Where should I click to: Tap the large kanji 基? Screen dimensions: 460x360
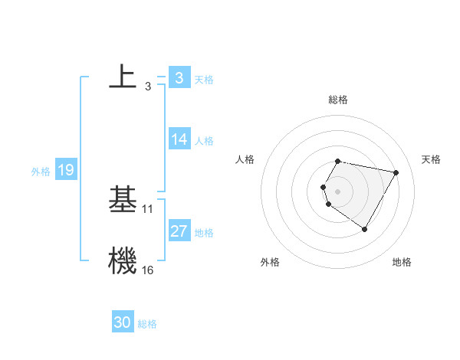pos(123,199)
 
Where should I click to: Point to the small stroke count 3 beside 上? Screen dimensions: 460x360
pos(147,87)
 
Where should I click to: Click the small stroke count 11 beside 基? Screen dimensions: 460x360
pos(148,208)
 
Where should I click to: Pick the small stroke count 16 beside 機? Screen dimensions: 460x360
pos(148,270)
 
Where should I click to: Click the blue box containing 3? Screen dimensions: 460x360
pos(179,77)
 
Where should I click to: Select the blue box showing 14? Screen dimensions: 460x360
pos(179,139)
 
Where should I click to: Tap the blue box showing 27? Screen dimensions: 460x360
pos(179,231)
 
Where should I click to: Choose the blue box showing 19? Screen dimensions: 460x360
pos(66,170)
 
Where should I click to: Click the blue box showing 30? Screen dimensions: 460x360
pos(122,322)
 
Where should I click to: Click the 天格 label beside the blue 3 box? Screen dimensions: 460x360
pos(204,79)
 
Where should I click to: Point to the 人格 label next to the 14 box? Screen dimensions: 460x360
pos(204,141)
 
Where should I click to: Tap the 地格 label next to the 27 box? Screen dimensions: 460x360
pos(204,233)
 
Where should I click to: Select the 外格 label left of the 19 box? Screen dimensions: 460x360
pos(41,172)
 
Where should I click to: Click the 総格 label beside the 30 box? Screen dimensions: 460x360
pos(147,324)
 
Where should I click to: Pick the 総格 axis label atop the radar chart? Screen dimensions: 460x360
pos(337,100)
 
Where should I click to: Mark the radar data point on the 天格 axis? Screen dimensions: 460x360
pos(396,172)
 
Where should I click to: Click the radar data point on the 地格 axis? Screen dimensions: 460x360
pos(364,229)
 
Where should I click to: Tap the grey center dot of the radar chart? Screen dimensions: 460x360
pos(337,191)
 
